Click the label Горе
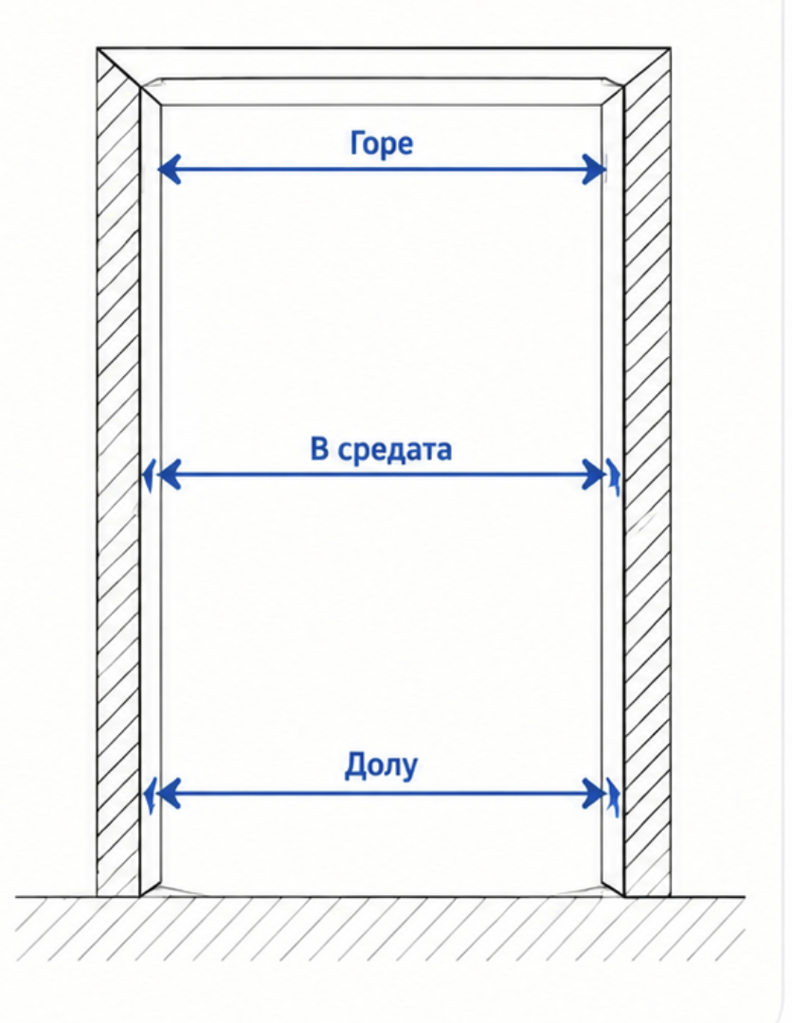click(x=382, y=143)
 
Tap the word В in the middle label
click(x=319, y=449)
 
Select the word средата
click(x=394, y=450)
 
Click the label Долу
click(x=381, y=766)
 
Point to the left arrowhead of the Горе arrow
click(x=169, y=170)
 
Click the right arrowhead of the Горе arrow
click(x=594, y=170)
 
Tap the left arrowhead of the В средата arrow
click(x=169, y=475)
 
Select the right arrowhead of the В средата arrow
click(x=594, y=475)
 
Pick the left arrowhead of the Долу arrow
click(x=169, y=794)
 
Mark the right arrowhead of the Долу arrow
click(x=594, y=794)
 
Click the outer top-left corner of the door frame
click(x=98, y=48)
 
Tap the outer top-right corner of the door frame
click(x=671, y=48)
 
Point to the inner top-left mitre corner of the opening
click(x=161, y=106)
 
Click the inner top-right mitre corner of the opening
click(x=602, y=106)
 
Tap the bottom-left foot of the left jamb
click(x=140, y=896)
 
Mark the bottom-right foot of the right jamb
click(x=624, y=896)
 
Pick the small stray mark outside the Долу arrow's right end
click(x=613, y=796)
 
